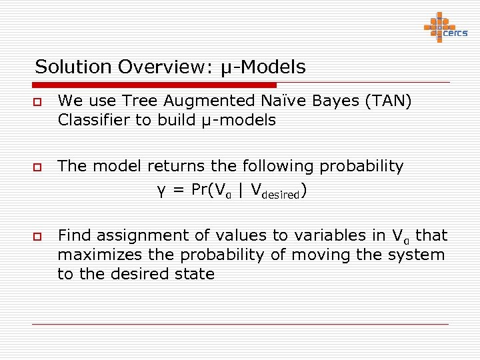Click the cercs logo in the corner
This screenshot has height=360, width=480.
point(445,28)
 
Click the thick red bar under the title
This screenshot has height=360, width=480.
point(154,85)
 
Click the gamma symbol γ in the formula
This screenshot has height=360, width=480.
point(161,191)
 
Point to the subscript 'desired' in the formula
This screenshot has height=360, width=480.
point(279,195)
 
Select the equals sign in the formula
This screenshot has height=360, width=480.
point(178,190)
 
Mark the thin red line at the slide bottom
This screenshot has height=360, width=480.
point(240,324)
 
